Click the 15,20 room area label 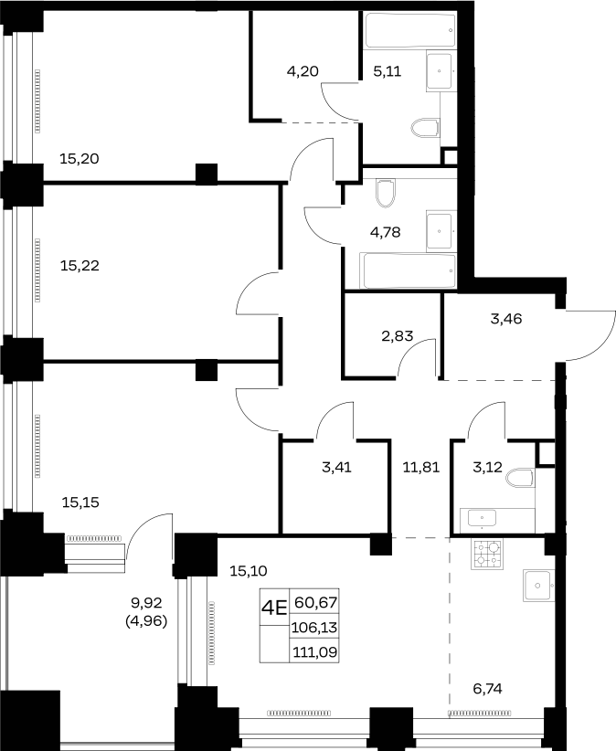click(79, 159)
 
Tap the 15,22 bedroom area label click(80, 265)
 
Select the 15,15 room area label click(80, 502)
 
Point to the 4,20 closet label click(303, 71)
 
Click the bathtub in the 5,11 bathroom click(409, 30)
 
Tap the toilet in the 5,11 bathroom click(425, 128)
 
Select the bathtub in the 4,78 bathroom click(409, 271)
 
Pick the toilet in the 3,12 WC click(520, 478)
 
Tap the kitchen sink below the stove click(539, 586)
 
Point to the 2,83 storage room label click(397, 336)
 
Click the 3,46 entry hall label click(505, 319)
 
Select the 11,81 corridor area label click(421, 467)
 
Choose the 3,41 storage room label click(336, 467)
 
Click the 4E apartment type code click(274, 608)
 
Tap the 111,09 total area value click(314, 652)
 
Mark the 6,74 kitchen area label click(487, 689)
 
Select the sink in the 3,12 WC click(482, 519)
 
